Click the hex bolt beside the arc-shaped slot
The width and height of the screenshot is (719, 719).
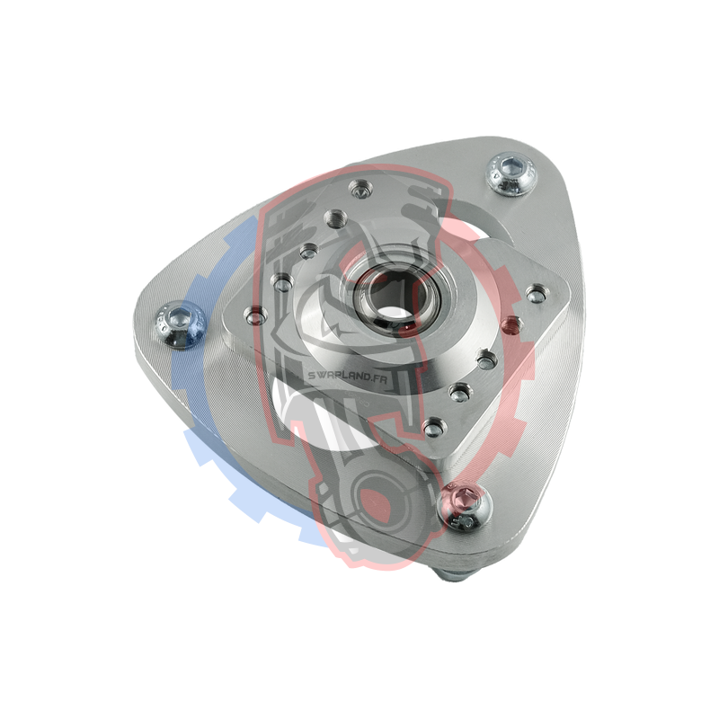(x=511, y=174)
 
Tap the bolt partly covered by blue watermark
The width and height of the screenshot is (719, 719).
(x=181, y=324)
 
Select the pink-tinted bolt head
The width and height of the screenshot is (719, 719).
(x=465, y=508)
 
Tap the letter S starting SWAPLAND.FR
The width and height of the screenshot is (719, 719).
(x=312, y=375)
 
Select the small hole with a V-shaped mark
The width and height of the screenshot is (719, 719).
(x=360, y=191)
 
